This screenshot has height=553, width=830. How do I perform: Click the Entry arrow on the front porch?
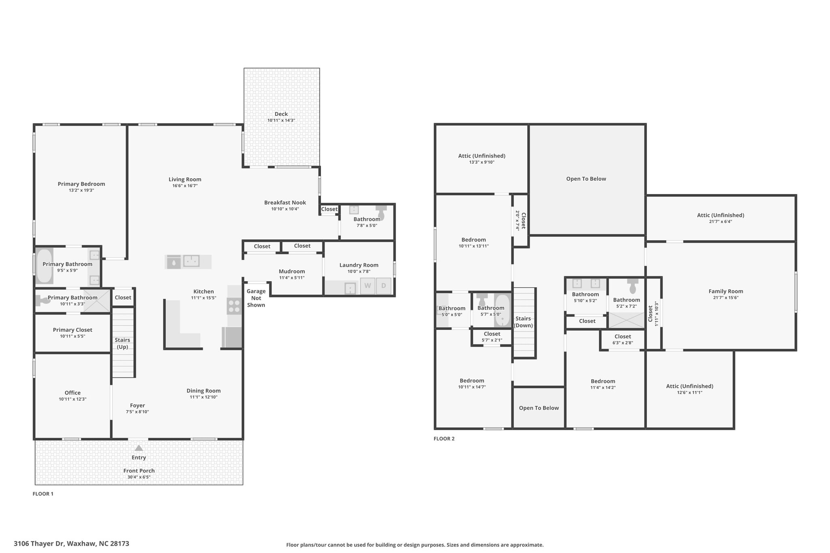pyautogui.click(x=139, y=448)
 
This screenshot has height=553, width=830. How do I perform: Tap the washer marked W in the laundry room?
pyautogui.click(x=368, y=286)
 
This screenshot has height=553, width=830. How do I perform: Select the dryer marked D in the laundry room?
pyautogui.click(x=383, y=286)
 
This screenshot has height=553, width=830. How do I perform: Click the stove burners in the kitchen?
pyautogui.click(x=234, y=305)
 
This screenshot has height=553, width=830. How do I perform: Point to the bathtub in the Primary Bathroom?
pyautogui.click(x=44, y=266)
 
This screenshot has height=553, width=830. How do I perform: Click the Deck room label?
pyautogui.click(x=281, y=114)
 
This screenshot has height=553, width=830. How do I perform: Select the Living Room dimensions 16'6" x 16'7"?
pyautogui.click(x=185, y=186)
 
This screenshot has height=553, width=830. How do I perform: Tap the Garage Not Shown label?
pyautogui.click(x=256, y=298)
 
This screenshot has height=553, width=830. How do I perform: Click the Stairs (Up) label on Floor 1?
pyautogui.click(x=122, y=343)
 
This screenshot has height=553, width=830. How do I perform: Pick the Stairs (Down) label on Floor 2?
pyautogui.click(x=523, y=322)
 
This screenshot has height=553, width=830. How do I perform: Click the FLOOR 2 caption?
pyautogui.click(x=444, y=438)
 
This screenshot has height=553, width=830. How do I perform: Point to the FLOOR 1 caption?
pyautogui.click(x=43, y=494)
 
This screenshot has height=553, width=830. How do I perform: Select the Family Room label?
pyautogui.click(x=726, y=291)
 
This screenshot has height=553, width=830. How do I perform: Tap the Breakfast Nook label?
pyautogui.click(x=285, y=203)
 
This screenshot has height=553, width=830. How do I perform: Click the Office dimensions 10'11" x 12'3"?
pyautogui.click(x=73, y=399)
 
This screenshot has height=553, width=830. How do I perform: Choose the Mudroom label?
pyautogui.click(x=292, y=271)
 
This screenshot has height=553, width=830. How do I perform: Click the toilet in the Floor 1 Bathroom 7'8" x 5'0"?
pyautogui.click(x=381, y=211)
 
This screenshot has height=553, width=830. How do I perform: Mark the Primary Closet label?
pyautogui.click(x=73, y=330)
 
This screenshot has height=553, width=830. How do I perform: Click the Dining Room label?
pyautogui.click(x=203, y=391)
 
